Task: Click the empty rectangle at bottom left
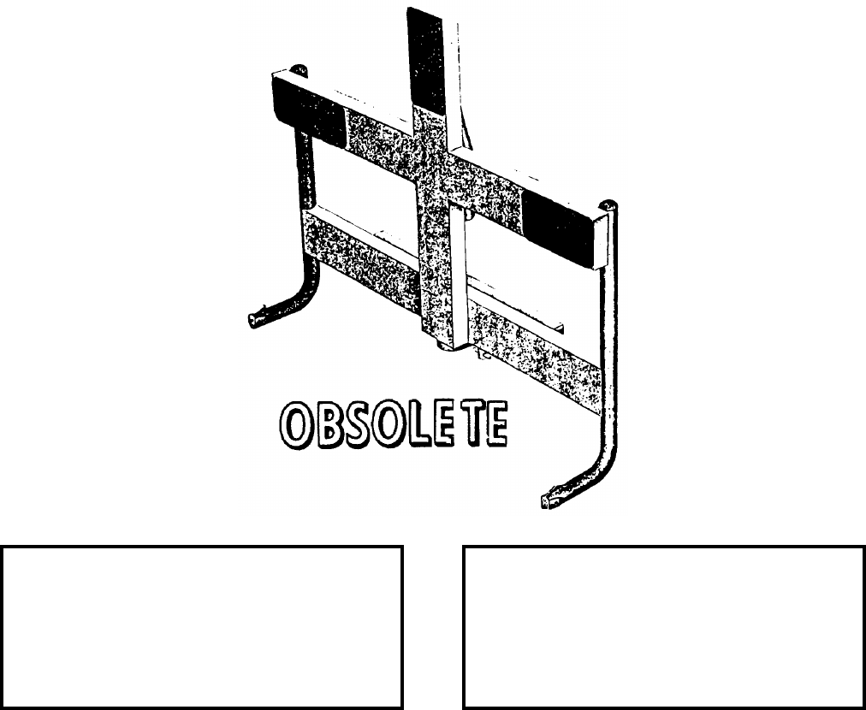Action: pos(202,627)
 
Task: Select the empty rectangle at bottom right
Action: pos(664,627)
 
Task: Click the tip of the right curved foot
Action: pos(548,500)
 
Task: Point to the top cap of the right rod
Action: pos(608,205)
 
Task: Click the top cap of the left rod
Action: pos(297,68)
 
